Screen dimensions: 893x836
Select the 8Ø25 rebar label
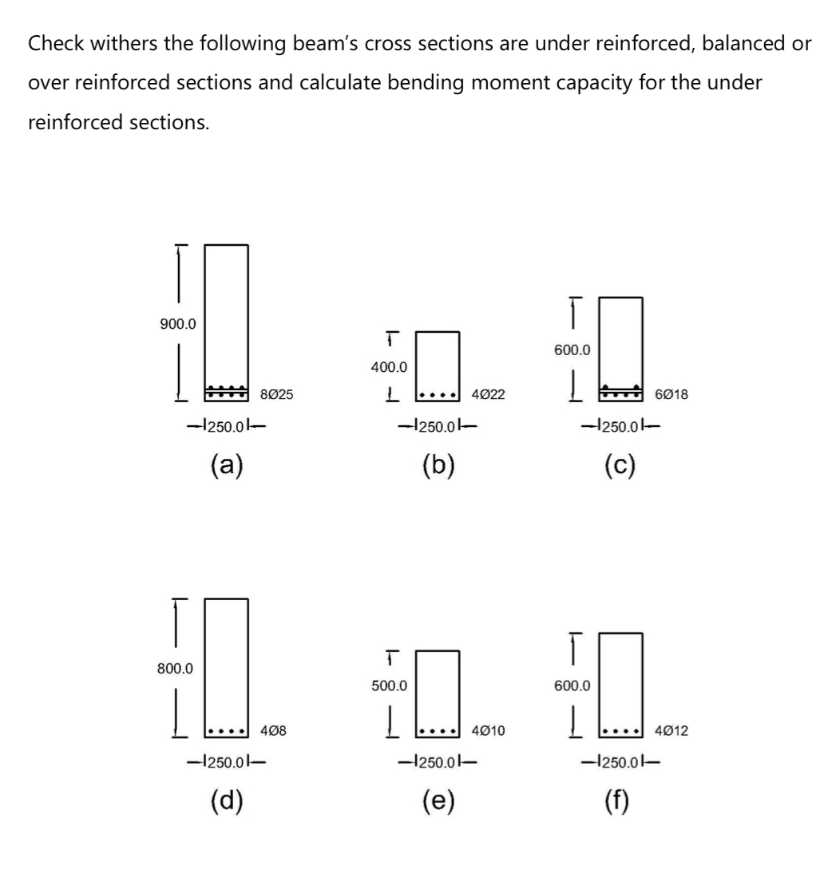[276, 393]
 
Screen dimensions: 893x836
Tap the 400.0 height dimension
[388, 368]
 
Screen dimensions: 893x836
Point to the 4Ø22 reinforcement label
[488, 394]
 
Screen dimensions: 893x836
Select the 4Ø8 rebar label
[271, 730]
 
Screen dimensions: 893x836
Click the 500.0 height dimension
[388, 686]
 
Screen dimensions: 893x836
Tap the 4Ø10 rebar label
[488, 730]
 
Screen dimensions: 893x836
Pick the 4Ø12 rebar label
[671, 730]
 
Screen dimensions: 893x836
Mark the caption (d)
[226, 799]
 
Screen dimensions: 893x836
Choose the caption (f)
[620, 799]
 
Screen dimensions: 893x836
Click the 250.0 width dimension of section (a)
[226, 425]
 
